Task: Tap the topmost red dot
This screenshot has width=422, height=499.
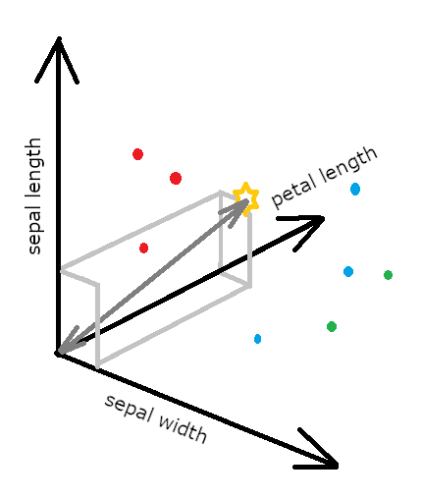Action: [x=137, y=154]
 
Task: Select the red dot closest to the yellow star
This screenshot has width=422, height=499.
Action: [x=176, y=178]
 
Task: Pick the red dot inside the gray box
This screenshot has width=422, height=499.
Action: [x=143, y=248]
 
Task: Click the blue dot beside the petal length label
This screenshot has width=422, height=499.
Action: [x=355, y=189]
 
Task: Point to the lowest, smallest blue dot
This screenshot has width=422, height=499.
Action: [x=257, y=339]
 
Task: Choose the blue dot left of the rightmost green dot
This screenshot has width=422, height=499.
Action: [x=348, y=271]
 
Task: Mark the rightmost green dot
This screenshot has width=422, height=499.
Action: [x=388, y=275]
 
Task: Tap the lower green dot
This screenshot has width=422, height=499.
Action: [x=332, y=326]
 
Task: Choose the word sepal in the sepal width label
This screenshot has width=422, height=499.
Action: [x=129, y=408]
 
